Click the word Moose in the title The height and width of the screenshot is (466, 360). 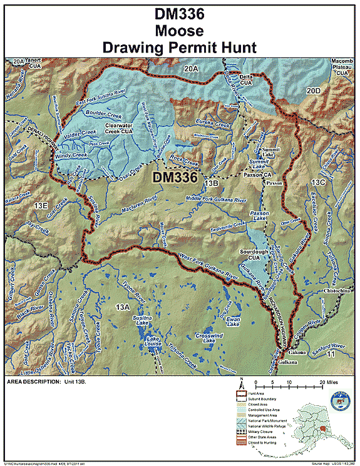pyautogui.click(x=180, y=29)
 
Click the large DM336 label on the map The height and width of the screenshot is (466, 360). pyautogui.click(x=175, y=178)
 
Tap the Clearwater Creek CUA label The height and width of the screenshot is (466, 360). pyautogui.click(x=118, y=129)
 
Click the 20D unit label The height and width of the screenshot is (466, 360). pyautogui.click(x=314, y=91)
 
